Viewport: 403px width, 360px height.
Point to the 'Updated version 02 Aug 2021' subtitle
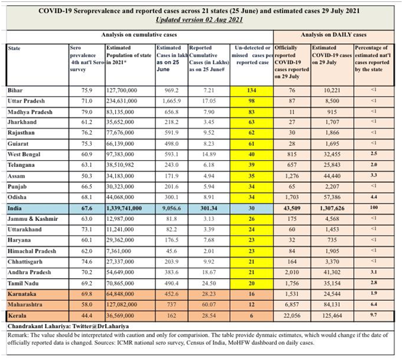click(x=201, y=21)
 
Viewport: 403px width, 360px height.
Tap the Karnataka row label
click(x=21, y=290)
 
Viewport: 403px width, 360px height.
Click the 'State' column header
click(x=14, y=48)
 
